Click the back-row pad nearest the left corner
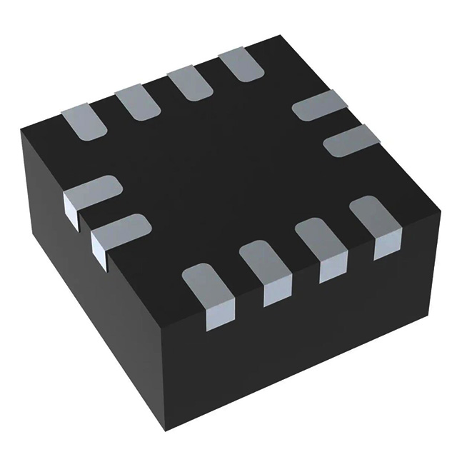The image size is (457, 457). tap(85, 121)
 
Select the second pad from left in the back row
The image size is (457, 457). tap(137, 103)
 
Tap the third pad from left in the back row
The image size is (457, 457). tap(190, 84)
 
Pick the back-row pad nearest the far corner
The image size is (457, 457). tap(241, 66)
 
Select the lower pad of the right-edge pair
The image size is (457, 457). tap(351, 140)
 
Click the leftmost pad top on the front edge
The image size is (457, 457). tap(206, 283)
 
